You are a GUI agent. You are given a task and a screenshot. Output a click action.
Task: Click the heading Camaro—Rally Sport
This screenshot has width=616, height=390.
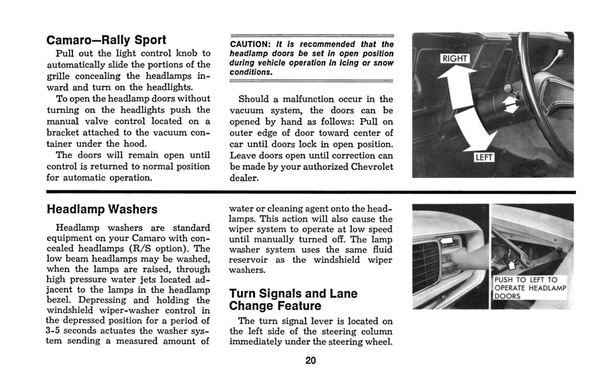tap(106, 40)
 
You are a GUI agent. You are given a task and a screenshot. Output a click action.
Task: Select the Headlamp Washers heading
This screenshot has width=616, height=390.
tap(102, 210)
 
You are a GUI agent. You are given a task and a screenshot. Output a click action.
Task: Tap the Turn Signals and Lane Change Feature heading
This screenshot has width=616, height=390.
tap(293, 300)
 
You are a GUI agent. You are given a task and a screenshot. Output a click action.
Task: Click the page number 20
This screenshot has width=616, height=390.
tap(311, 360)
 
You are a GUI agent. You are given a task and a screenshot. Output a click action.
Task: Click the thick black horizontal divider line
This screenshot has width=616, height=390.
tap(311, 192)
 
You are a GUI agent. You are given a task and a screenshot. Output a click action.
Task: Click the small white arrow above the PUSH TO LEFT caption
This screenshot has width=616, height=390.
tap(511, 265)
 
